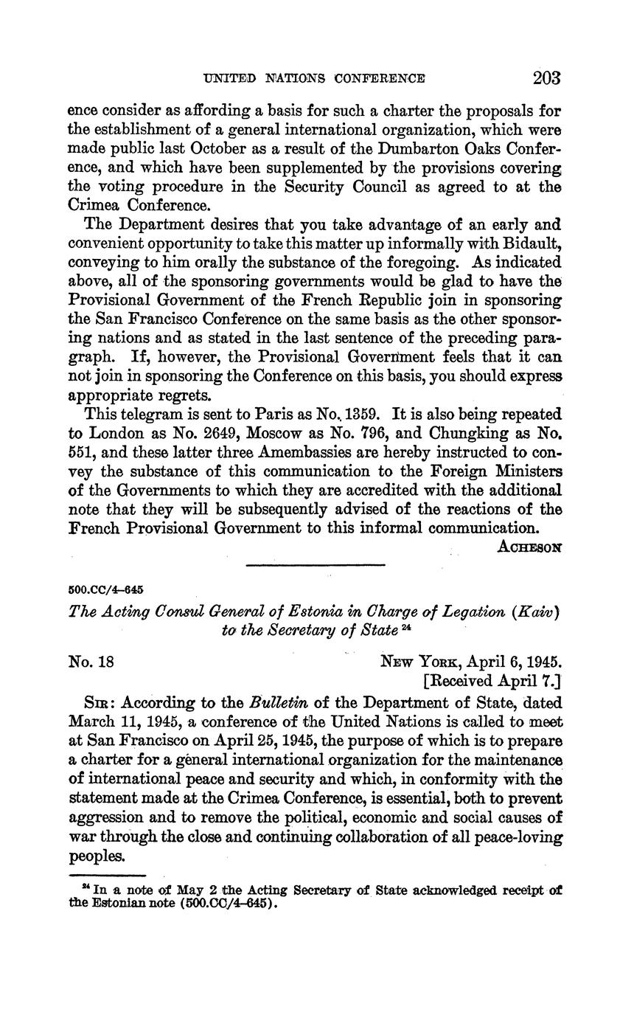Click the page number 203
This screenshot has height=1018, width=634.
click(546, 78)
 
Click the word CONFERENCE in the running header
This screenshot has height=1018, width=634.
click(380, 79)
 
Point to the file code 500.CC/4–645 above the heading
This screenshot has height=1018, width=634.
click(105, 590)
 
